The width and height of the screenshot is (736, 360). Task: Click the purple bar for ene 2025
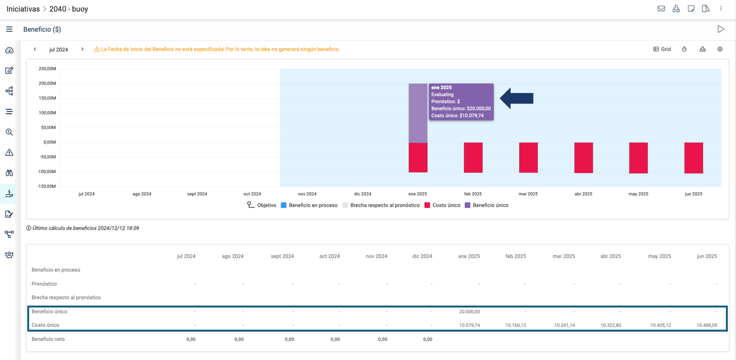pyautogui.click(x=418, y=113)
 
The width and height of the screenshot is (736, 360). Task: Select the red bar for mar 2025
pyautogui.click(x=528, y=157)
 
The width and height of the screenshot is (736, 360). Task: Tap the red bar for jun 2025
pyautogui.click(x=694, y=157)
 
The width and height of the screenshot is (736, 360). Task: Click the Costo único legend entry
pyautogui.click(x=442, y=205)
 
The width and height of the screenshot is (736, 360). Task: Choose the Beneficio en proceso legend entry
pyautogui.click(x=309, y=205)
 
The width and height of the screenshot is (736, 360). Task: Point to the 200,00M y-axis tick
pyautogui.click(x=47, y=83)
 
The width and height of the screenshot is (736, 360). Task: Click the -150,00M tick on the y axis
pyautogui.click(x=47, y=186)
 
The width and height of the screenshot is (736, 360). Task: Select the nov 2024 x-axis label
pyautogui.click(x=307, y=194)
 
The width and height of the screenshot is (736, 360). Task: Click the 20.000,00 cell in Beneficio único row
pyautogui.click(x=469, y=311)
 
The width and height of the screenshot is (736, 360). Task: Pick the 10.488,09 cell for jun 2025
pyautogui.click(x=706, y=325)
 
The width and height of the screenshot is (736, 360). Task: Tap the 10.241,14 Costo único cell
pyautogui.click(x=564, y=325)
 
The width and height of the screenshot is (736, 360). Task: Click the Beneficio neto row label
pyautogui.click(x=48, y=339)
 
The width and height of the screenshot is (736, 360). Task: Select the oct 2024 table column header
pyautogui.click(x=329, y=256)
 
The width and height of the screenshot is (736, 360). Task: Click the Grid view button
pyautogui.click(x=662, y=49)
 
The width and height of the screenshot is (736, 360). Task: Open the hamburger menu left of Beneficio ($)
pyautogui.click(x=9, y=29)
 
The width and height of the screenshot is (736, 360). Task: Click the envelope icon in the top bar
pyautogui.click(x=661, y=9)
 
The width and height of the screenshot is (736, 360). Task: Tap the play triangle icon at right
pyautogui.click(x=720, y=29)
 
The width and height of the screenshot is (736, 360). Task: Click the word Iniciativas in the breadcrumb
pyautogui.click(x=23, y=9)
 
